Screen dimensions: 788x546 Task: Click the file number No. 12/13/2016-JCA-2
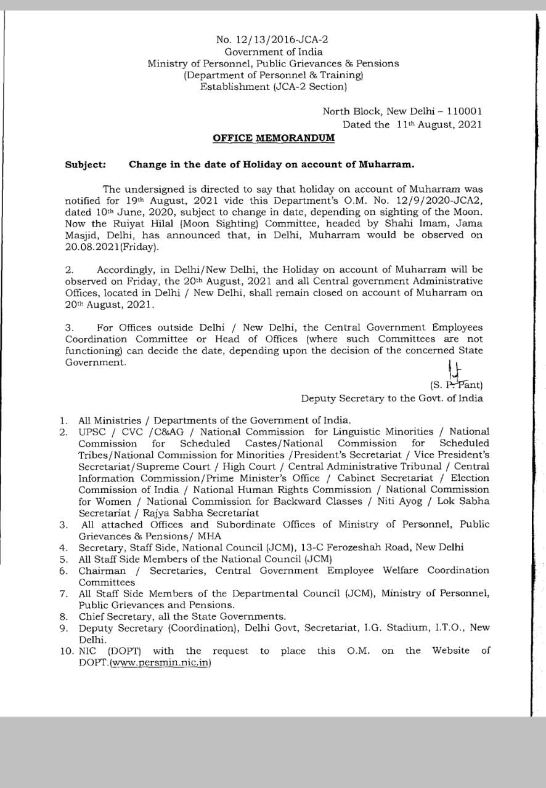272,40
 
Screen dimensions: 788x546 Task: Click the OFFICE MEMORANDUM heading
274,138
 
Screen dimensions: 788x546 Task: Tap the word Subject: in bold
85,165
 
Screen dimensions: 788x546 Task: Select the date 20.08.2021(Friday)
112,247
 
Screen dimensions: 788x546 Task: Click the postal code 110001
464,111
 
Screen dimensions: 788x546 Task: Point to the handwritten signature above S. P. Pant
454,369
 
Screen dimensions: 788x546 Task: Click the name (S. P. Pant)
457,385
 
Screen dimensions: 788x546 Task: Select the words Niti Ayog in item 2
400,501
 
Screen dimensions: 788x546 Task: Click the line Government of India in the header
273,52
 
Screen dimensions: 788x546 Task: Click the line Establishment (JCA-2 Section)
273,87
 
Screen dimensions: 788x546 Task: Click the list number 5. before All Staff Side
63,559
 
